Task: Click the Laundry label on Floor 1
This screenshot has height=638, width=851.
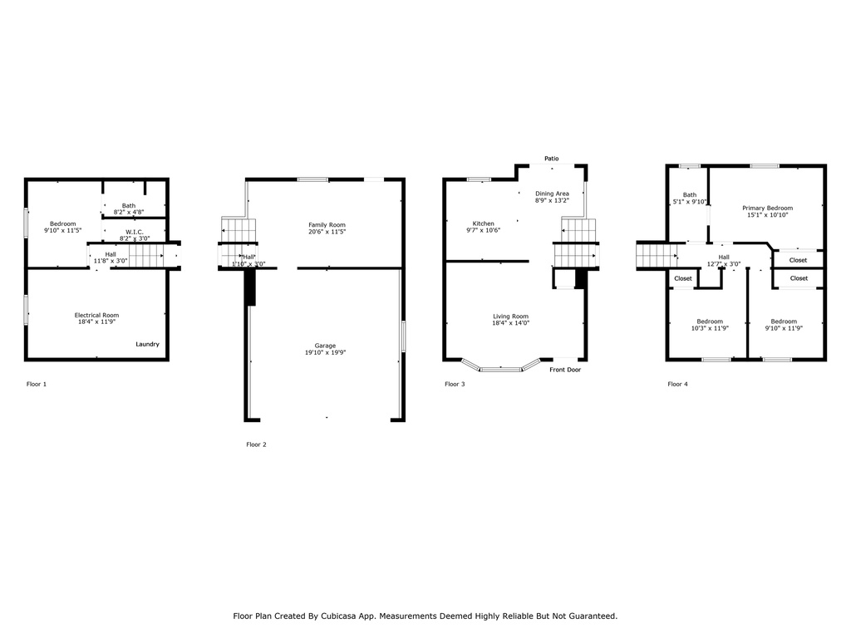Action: (x=147, y=344)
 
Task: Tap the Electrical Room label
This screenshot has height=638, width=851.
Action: (x=96, y=315)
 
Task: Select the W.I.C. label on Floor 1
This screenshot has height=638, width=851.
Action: (x=135, y=233)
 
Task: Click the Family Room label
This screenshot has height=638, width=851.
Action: (x=327, y=225)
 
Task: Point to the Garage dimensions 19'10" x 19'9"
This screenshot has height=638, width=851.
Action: (x=325, y=352)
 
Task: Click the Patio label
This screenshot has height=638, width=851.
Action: (x=552, y=159)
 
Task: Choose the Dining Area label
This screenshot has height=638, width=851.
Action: (x=552, y=194)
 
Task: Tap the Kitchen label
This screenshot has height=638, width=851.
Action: (x=483, y=223)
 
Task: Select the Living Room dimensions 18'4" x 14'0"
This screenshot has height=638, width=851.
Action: (x=511, y=323)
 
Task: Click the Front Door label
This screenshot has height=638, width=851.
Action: (x=565, y=370)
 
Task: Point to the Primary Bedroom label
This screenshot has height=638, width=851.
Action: (x=767, y=209)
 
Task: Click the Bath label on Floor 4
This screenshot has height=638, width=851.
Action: (x=690, y=194)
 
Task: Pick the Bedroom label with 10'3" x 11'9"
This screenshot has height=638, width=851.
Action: (x=710, y=321)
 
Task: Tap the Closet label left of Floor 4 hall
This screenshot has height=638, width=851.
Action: (x=683, y=278)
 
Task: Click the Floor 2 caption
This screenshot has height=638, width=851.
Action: (x=256, y=444)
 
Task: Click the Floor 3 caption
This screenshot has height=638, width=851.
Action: (x=455, y=384)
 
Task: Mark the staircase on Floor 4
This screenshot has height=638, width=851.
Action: (x=657, y=256)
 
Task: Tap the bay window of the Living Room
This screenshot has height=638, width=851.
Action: (x=501, y=367)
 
